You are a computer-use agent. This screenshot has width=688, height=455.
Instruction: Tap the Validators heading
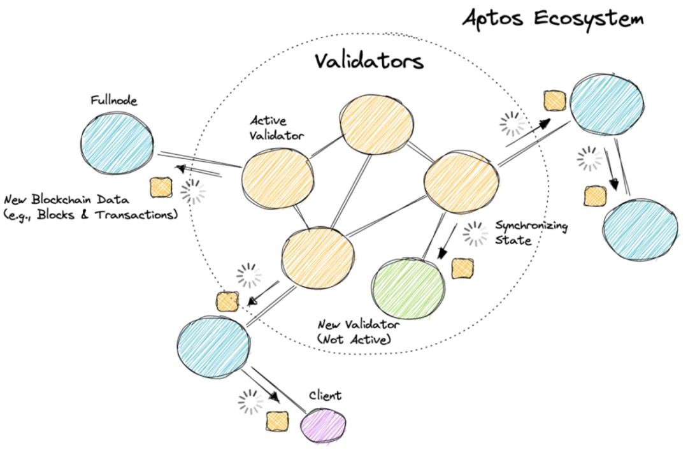pos(369,62)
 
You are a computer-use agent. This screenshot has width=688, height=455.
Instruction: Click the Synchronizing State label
pos(524,234)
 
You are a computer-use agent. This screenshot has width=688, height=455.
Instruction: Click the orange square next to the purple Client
pos(277,421)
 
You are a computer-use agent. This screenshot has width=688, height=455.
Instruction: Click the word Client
pos(325,396)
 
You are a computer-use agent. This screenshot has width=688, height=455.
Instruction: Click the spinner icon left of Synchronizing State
pos(475,235)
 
